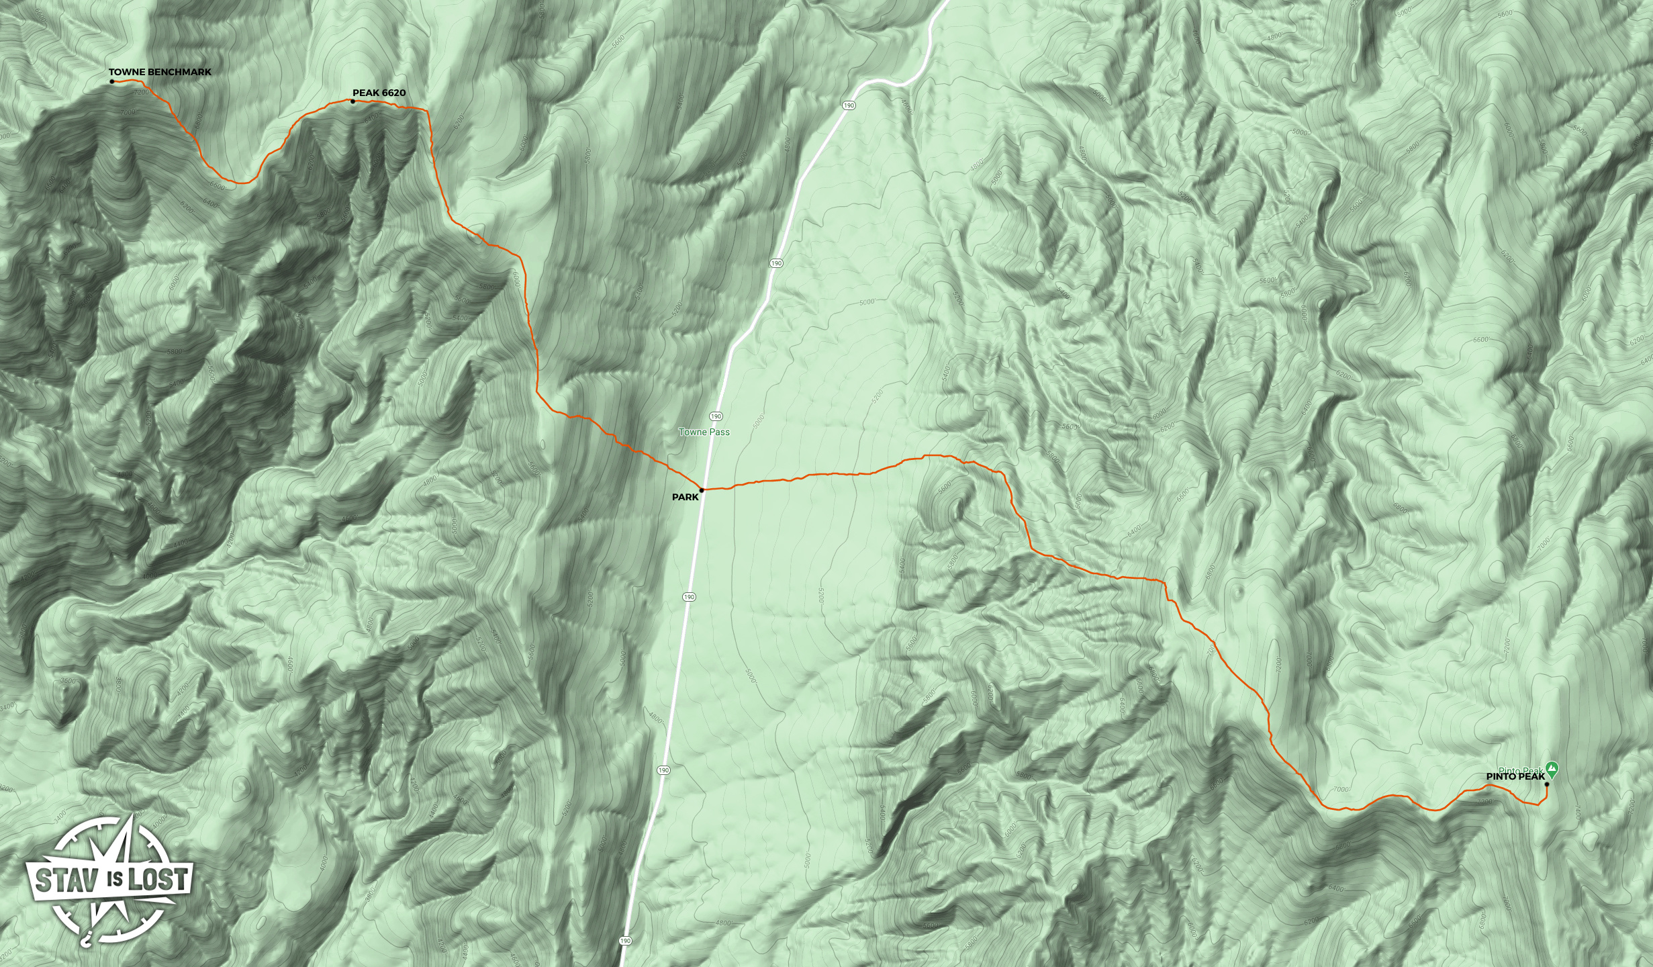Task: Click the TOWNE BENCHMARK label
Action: click(x=160, y=72)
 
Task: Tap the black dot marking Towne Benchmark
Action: click(x=112, y=82)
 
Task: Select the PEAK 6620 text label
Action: click(x=379, y=93)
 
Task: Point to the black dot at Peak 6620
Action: click(x=352, y=101)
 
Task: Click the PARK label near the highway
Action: click(x=685, y=498)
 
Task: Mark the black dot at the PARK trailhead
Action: click(x=702, y=490)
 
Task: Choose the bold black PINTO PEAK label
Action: click(x=1515, y=776)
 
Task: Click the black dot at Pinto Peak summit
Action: click(x=1547, y=784)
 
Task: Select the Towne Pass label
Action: click(x=704, y=432)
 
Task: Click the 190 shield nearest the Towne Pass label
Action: click(x=716, y=416)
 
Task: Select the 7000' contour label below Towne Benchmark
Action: click(x=128, y=112)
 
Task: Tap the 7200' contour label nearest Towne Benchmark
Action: click(x=142, y=92)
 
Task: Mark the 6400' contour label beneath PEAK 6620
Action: click(x=371, y=118)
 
